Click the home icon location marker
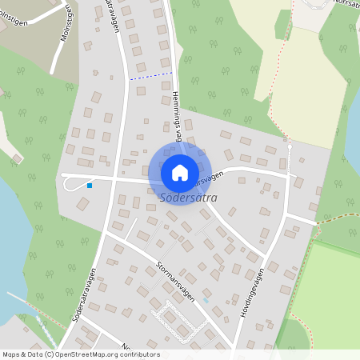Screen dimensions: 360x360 pyautogui.click(x=179, y=173)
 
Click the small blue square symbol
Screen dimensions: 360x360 pyautogui.click(x=90, y=186)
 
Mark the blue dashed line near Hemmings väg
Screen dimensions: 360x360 pyautogui.click(x=151, y=77)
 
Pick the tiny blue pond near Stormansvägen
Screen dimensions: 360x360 pyautogui.click(x=206, y=301)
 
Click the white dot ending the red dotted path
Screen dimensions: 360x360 pyautogui.click(x=290, y=146)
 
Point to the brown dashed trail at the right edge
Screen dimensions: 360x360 pyautogui.click(x=340, y=223)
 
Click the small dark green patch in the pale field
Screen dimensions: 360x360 pyautogui.click(x=282, y=25)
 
